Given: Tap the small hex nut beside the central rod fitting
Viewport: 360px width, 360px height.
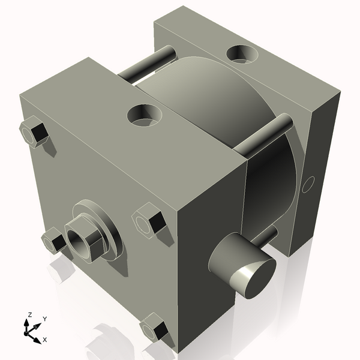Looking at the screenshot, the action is (x=53, y=240).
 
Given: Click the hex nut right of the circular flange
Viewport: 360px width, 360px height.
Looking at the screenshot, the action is (x=149, y=221).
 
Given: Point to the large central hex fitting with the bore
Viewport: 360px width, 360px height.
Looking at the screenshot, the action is (x=85, y=238).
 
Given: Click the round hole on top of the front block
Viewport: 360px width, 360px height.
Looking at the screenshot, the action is (x=144, y=115).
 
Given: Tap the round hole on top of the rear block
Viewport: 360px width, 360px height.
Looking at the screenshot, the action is (x=242, y=55).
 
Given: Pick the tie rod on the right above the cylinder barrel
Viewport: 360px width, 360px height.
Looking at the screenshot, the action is (x=263, y=136).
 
